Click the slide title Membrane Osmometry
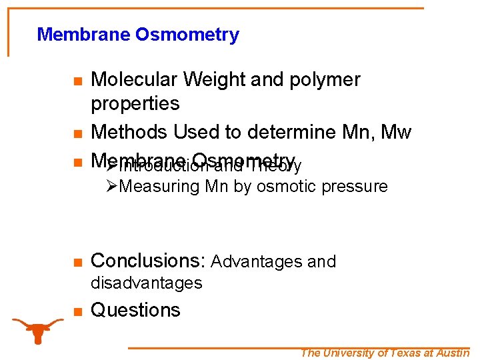tap(138, 35)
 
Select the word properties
tap(135, 104)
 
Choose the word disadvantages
tap(147, 283)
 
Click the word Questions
tap(135, 310)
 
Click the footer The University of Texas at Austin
tap(385, 353)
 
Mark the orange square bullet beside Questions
tap(77, 311)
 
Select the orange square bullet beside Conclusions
tap(77, 262)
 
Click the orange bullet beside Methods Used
tap(77, 133)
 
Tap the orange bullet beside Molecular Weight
tap(77, 81)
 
